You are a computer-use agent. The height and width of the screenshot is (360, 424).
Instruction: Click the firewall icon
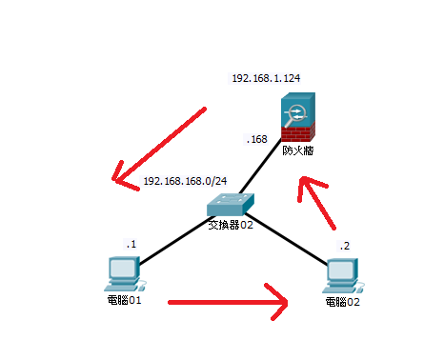pos(298,118)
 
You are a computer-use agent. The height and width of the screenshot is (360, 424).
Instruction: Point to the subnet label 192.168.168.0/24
pos(185,181)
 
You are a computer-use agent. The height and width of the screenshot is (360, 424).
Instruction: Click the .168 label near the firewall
pos(256,139)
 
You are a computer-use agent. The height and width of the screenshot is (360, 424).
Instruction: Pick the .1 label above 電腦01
pos(131,244)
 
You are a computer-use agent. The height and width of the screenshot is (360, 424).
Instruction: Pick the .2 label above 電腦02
pos(344,246)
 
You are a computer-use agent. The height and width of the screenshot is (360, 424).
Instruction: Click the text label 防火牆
pos(297,150)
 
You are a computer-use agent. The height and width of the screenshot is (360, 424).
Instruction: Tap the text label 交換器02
pos(231,226)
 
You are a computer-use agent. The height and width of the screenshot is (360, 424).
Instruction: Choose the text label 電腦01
pos(124,302)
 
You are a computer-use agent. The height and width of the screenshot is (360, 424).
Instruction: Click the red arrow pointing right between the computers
pos(229,304)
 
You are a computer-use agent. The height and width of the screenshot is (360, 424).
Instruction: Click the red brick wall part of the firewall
pos(298,134)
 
